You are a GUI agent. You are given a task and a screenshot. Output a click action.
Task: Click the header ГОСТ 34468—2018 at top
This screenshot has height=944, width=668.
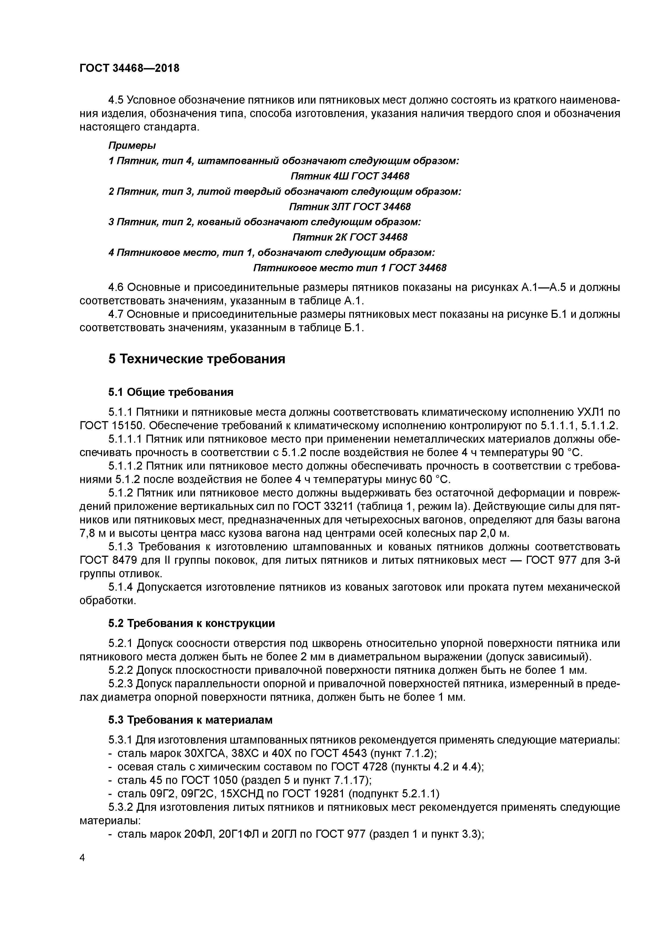tap(129, 68)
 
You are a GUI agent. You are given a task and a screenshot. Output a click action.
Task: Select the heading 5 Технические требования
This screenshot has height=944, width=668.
tap(197, 359)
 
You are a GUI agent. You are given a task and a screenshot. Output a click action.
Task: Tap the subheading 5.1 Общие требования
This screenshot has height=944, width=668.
tap(171, 392)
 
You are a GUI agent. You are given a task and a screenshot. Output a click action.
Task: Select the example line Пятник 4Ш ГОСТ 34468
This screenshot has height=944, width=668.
tap(350, 176)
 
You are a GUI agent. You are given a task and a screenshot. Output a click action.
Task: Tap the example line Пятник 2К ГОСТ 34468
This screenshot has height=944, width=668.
tap(350, 237)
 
